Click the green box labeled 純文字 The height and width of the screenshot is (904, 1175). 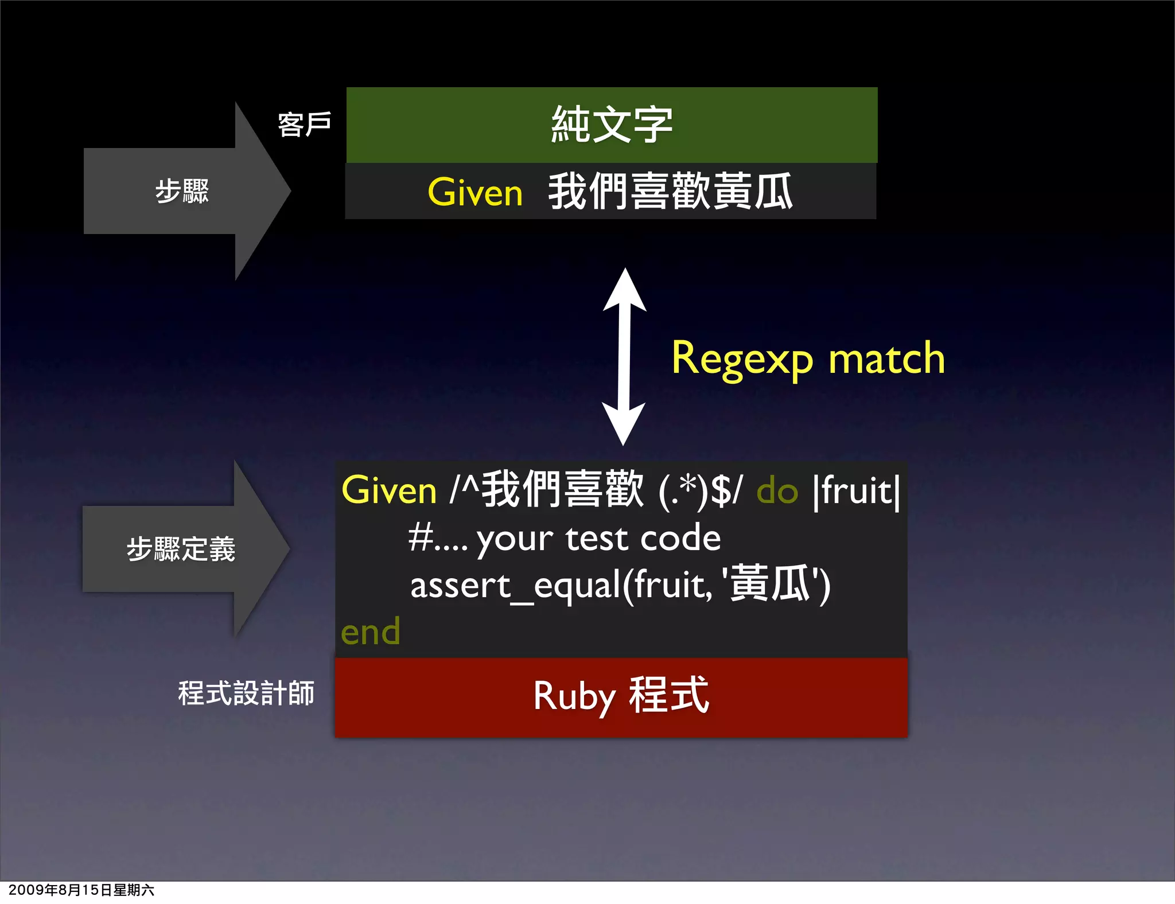[x=612, y=124]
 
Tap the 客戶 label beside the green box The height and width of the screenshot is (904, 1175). [x=304, y=124]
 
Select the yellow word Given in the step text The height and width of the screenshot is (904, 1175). [x=475, y=192]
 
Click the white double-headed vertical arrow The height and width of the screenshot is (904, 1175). [x=624, y=356]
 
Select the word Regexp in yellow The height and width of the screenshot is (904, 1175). [x=742, y=359]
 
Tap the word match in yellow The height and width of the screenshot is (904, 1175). [x=886, y=359]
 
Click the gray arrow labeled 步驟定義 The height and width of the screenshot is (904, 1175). [x=181, y=549]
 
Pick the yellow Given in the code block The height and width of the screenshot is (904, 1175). [x=389, y=491]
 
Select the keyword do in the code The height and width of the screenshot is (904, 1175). [x=777, y=492]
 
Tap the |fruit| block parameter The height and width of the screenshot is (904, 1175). [x=857, y=491]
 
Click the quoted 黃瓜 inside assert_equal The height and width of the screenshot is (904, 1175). [x=769, y=584]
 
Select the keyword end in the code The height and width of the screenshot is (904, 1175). [x=370, y=632]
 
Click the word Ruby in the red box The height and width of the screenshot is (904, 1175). [x=574, y=696]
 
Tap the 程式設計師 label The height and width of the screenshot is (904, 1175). [x=246, y=693]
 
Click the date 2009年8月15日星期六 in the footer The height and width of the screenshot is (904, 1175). [x=81, y=890]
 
